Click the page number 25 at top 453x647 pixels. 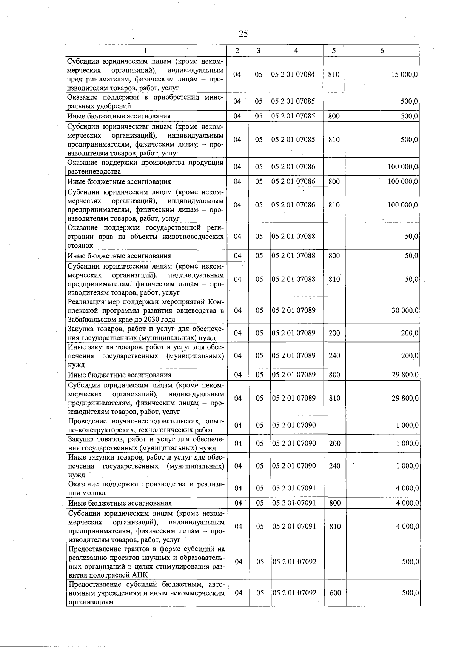(x=243, y=34)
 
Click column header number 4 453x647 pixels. (x=296, y=51)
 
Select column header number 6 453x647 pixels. (x=382, y=51)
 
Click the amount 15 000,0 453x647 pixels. (x=404, y=75)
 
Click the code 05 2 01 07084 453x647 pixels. (x=293, y=75)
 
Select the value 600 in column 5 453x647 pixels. (x=335, y=593)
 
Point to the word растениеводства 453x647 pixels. (x=94, y=172)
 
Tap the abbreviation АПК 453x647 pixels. (x=140, y=575)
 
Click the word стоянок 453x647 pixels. (x=80, y=246)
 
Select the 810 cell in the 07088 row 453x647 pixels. (x=334, y=279)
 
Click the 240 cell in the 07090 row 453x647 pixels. (x=334, y=466)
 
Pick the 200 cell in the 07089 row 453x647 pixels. (x=334, y=333)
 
